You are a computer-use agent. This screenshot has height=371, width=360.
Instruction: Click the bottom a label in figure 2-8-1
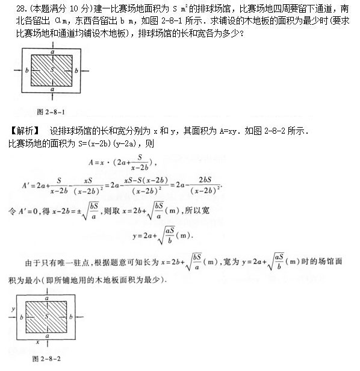pos(53,90)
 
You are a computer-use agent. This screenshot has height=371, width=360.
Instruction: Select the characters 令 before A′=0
pos(11,212)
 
